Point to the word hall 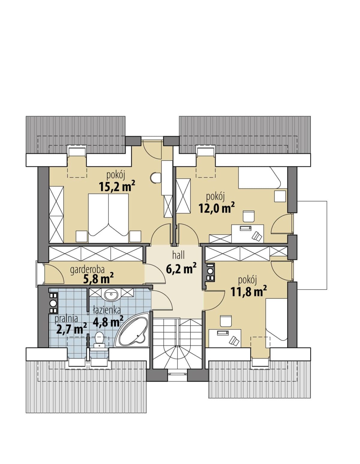pyautogui.click(x=178, y=255)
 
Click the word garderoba pyautogui.click(x=87, y=270)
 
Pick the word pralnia pyautogui.click(x=66, y=325)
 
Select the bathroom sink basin pyautogui.click(x=111, y=295)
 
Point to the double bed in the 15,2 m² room pyautogui.click(x=108, y=218)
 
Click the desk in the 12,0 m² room pyautogui.click(x=247, y=233)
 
